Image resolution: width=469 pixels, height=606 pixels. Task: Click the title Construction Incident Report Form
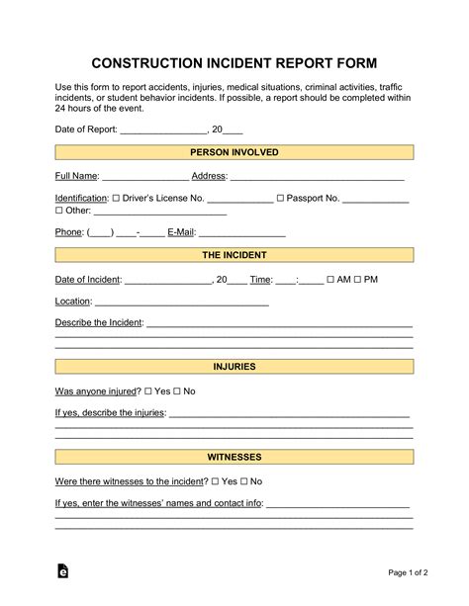tap(234, 61)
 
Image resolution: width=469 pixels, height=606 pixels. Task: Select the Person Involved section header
tap(234, 152)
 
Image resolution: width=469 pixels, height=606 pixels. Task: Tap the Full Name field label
tap(76, 176)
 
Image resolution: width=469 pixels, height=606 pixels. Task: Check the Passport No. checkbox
tap(281, 199)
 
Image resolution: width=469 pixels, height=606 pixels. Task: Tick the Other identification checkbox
tap(59, 211)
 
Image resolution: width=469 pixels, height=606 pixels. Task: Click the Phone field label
tap(68, 233)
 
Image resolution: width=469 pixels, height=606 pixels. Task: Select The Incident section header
tap(234, 255)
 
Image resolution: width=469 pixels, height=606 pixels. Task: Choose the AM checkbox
tap(331, 280)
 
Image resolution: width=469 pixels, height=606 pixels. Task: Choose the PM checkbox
tap(358, 280)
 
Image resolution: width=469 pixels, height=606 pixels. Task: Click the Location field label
tap(73, 302)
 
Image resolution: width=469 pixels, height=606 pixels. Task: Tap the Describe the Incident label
tap(99, 323)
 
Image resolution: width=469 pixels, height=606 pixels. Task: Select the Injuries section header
tap(234, 367)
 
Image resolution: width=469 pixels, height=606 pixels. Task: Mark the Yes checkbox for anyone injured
tap(148, 391)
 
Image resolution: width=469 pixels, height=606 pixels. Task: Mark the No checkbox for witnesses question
tap(243, 481)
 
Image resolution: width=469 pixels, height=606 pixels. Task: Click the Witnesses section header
tap(234, 458)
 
